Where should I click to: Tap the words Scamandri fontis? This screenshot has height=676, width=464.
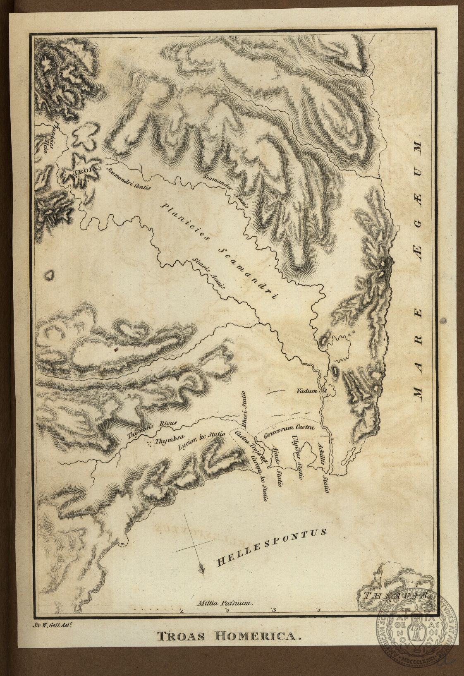129,179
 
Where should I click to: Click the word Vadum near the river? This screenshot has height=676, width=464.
306,390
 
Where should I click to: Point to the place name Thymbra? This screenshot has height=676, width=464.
166,441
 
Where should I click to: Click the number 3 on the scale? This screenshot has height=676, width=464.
273,610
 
